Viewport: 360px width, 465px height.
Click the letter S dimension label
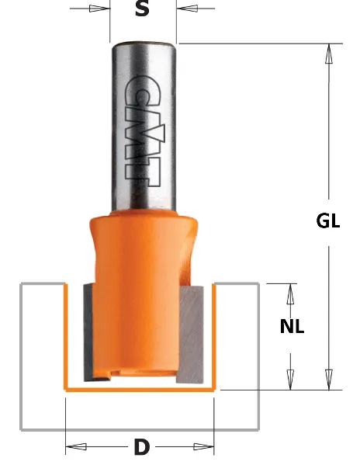(142, 9)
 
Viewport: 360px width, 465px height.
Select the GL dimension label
(328, 220)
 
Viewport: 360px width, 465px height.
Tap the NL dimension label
(292, 327)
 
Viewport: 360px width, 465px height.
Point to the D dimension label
(140, 447)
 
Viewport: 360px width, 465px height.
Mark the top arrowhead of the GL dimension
(329, 54)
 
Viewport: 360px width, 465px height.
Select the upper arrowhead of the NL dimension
(292, 293)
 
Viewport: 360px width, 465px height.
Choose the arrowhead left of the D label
(76, 446)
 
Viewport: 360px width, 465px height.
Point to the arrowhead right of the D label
(203, 446)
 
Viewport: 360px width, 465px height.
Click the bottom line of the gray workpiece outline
(140, 429)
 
